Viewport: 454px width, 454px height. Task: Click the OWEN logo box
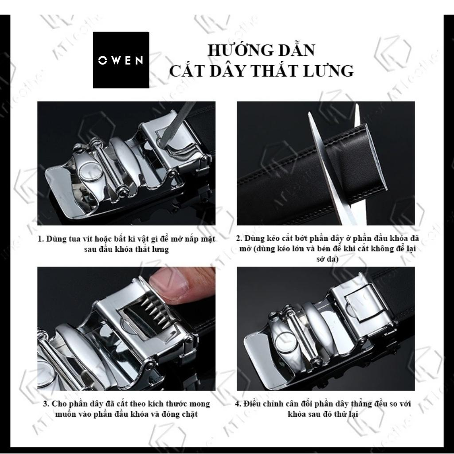click(121, 60)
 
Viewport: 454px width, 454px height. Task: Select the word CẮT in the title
click(185, 70)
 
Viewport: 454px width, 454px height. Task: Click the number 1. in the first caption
click(41, 239)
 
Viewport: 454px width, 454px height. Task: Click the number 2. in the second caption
click(239, 239)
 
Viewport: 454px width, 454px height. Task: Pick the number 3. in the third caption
click(46, 404)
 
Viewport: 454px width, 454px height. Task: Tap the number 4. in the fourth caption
click(238, 404)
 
